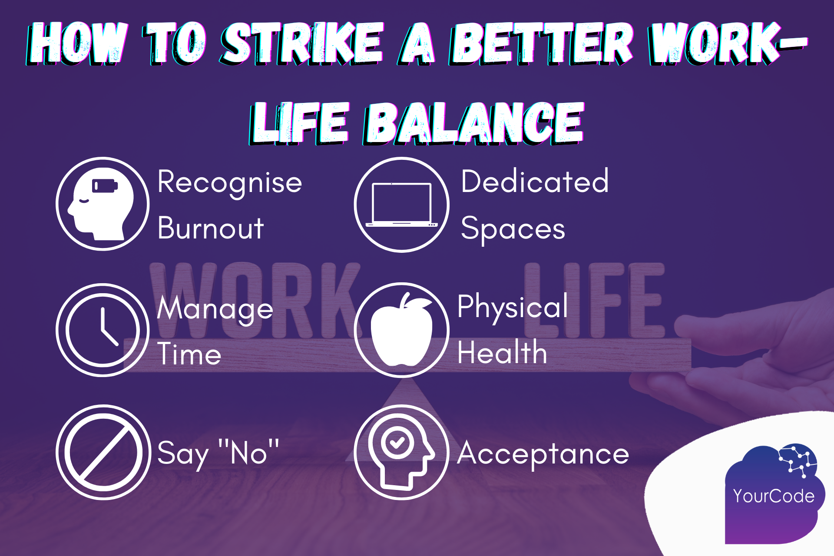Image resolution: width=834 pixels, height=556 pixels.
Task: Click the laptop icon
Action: click(401, 205)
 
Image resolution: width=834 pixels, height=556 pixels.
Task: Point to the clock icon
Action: click(103, 330)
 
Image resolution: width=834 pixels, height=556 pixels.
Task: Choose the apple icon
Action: click(401, 330)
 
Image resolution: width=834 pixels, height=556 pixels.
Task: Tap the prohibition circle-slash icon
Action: click(103, 452)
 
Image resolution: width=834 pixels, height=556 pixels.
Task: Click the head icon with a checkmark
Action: click(401, 452)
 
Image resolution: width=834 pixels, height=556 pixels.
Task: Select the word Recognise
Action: click(229, 182)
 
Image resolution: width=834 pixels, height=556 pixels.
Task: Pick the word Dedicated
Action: click(535, 182)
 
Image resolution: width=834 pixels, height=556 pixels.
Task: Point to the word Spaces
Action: click(513, 229)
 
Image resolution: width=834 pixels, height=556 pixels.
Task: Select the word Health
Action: click(502, 352)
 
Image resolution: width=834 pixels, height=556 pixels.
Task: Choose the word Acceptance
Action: click(543, 454)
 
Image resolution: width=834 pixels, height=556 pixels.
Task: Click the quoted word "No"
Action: click(248, 453)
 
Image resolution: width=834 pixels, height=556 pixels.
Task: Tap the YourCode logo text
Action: click(774, 496)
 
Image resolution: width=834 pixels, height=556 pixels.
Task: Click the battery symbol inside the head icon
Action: click(105, 186)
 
